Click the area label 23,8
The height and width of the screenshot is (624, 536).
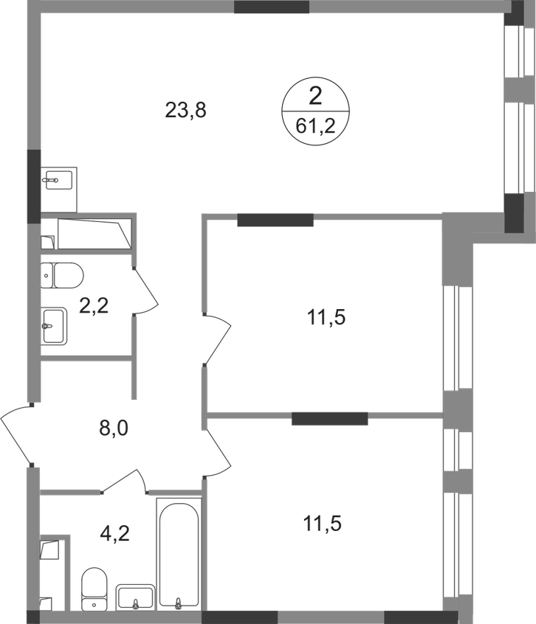185,110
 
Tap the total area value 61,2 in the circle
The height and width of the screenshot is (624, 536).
315,127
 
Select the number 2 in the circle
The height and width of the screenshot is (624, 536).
315,97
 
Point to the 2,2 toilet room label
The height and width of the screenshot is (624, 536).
94,306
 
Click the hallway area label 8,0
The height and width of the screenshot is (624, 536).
114,429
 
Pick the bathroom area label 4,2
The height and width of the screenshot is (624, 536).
115,533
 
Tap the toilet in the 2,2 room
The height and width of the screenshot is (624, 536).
62,275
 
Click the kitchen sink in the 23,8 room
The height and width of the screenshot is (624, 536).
58,180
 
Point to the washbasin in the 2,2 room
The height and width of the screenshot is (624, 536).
54,326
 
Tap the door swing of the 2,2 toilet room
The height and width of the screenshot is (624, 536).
146,291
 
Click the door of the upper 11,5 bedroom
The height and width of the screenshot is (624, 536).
217,339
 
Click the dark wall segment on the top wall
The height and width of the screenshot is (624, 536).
272,7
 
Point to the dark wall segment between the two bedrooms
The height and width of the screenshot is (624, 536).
330,419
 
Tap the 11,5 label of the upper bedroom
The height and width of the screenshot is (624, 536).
326,318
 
